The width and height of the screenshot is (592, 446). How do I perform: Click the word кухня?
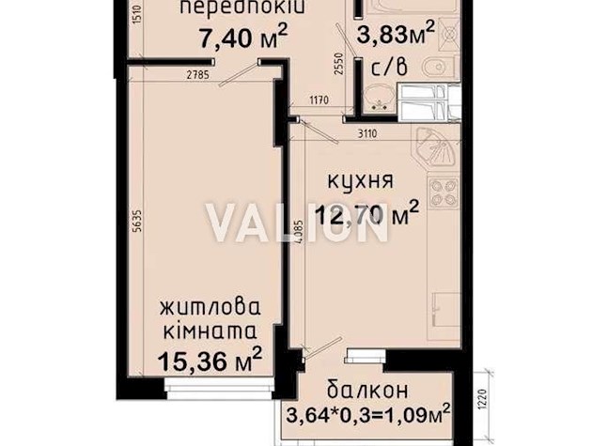pyautogui.click(x=355, y=179)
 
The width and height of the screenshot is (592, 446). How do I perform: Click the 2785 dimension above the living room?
pyautogui.click(x=196, y=73)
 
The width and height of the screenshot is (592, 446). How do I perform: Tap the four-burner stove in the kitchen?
pyautogui.click(x=444, y=193)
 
